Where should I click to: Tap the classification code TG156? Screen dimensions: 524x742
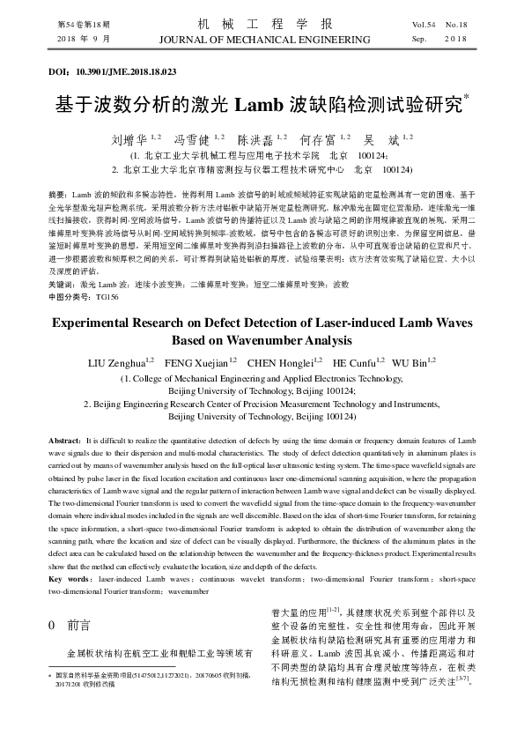[x=106, y=298]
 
